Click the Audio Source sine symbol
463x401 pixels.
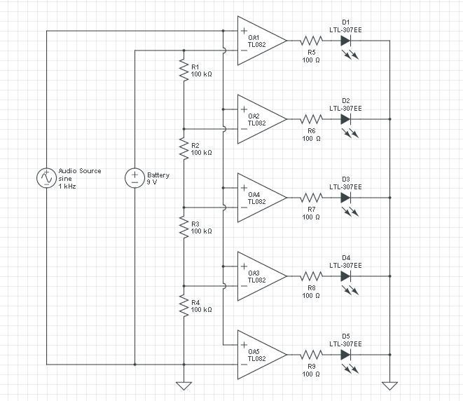46,178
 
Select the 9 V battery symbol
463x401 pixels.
134,178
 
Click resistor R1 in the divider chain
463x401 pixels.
184,70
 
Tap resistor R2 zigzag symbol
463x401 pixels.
184,149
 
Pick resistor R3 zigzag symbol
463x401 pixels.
184,227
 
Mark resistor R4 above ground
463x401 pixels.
184,306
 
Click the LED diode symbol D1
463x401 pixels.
345,41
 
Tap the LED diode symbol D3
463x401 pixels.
345,198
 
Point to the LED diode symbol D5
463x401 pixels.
345,355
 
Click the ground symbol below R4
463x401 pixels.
184,385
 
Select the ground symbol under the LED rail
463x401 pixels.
389,385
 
